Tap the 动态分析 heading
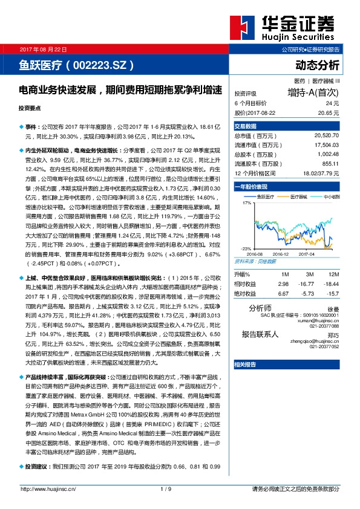[318, 64]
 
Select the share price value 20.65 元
[328, 112]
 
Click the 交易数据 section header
[246, 126]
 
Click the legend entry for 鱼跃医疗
[266, 196]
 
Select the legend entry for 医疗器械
[298, 196]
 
